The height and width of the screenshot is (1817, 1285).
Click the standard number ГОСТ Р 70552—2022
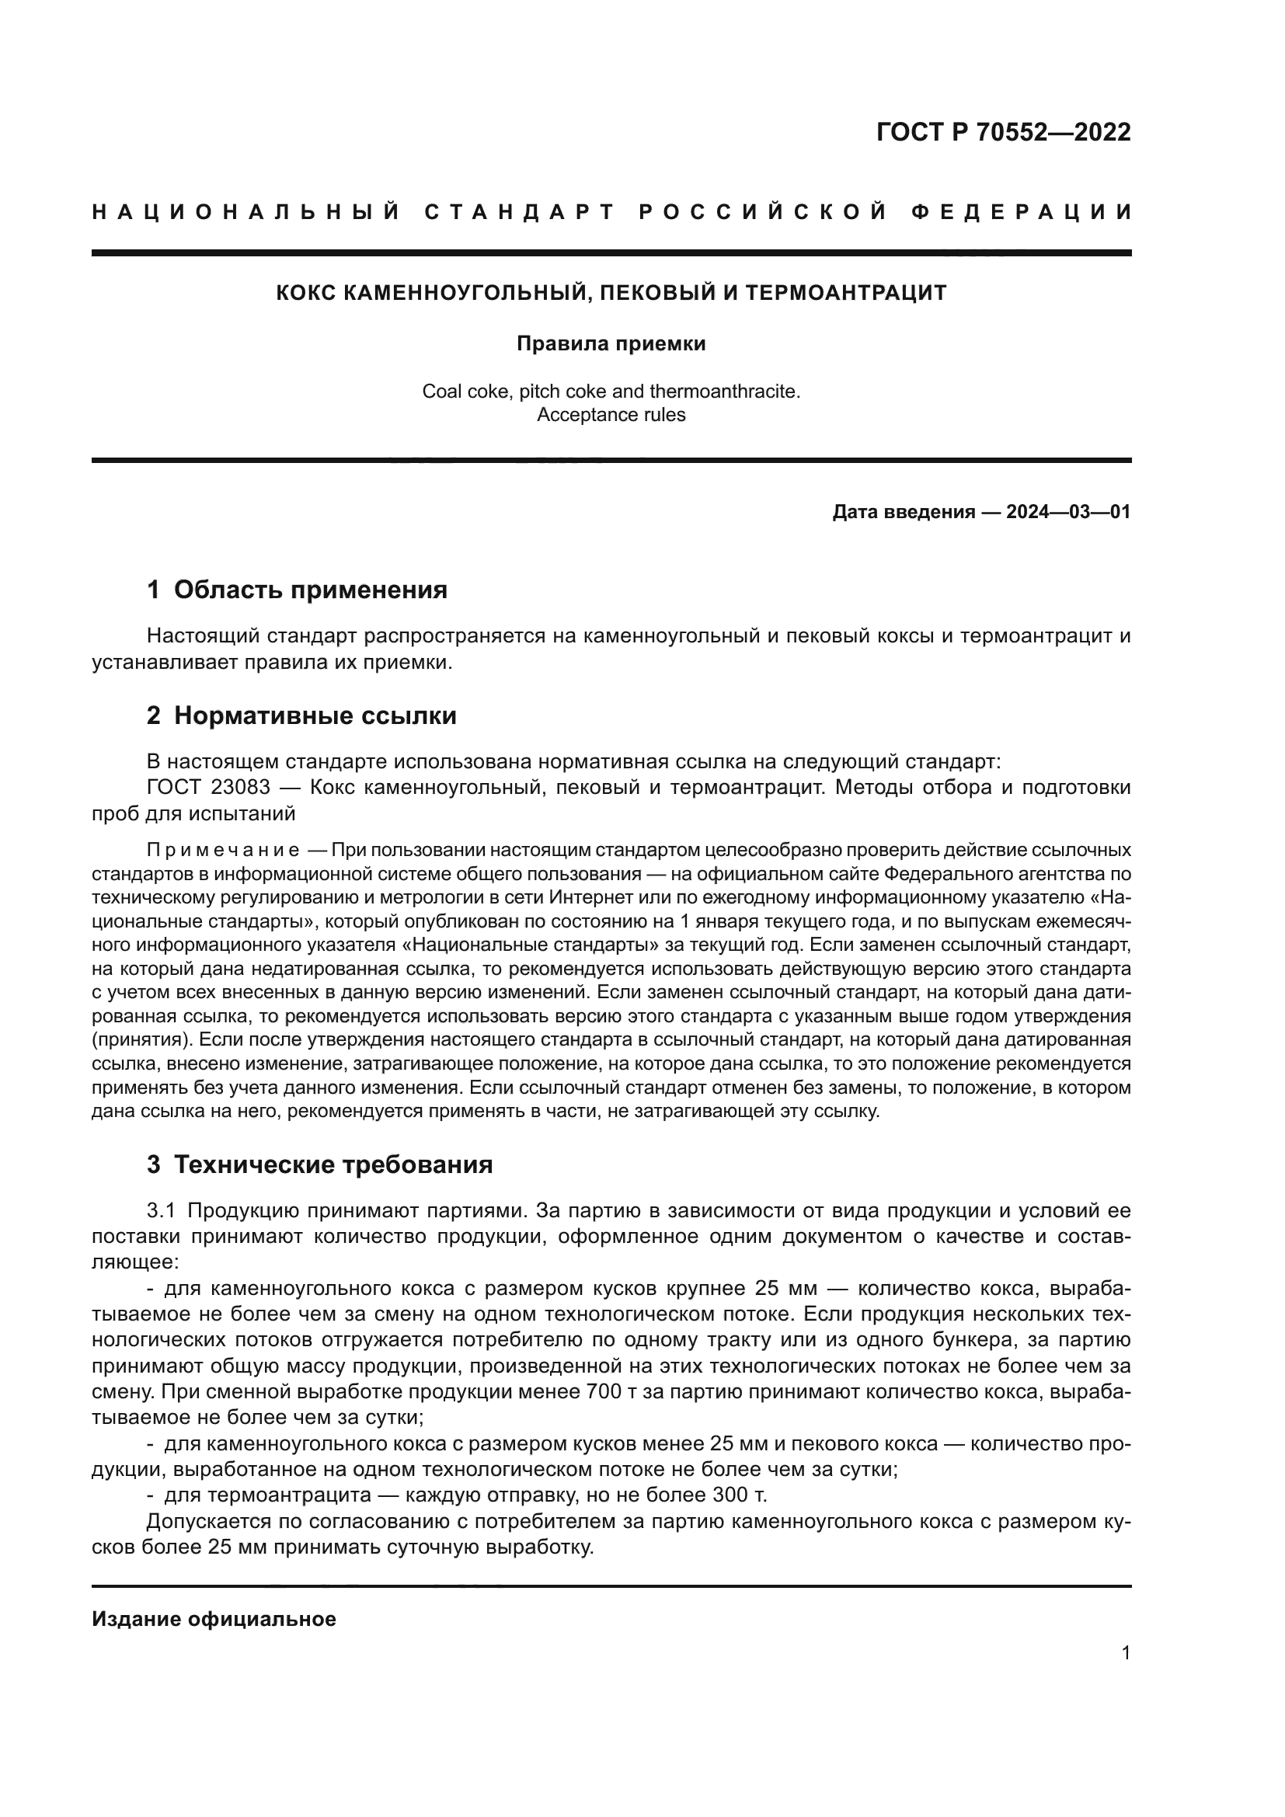coord(1002,132)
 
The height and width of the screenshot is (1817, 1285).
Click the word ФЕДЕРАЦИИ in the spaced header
coord(1021,212)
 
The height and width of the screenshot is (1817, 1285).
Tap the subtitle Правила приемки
coord(611,344)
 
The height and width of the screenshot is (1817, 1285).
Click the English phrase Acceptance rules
coord(611,415)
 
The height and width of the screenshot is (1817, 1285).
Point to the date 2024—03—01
coord(1067,512)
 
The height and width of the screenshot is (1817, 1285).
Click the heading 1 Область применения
coord(298,590)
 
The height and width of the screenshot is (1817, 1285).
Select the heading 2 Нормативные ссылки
coord(301,715)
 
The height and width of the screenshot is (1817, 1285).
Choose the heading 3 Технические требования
coord(319,1164)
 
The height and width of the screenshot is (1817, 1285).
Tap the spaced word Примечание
coord(223,851)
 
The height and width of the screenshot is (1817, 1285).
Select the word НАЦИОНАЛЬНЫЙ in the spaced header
coord(246,212)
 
